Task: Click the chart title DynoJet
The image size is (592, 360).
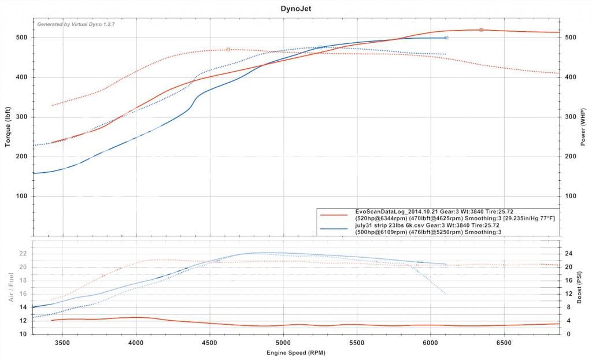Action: [x=295, y=8]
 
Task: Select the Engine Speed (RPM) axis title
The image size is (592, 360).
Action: [x=295, y=352]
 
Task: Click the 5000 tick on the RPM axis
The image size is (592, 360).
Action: [x=283, y=343]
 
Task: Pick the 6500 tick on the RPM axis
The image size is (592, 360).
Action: [x=504, y=343]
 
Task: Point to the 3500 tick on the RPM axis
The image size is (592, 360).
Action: [x=62, y=343]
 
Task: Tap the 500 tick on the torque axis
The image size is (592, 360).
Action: [x=23, y=38]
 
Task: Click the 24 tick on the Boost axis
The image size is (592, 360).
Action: [x=568, y=253]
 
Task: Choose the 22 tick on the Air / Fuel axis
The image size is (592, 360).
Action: [x=24, y=253]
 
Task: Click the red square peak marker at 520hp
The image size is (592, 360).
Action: [x=481, y=29]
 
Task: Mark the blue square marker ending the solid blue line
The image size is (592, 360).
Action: [x=446, y=38]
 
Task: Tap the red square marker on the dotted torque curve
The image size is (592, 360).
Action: [x=228, y=49]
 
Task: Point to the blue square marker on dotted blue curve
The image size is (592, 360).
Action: [x=320, y=47]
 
